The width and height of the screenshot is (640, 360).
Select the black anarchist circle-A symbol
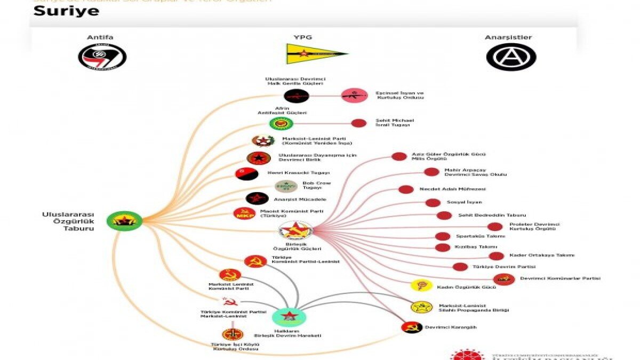pyautogui.click(x=511, y=57)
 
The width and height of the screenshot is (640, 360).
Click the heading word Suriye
pyautogui.click(x=66, y=11)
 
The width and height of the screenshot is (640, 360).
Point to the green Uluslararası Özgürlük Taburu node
pyautogui.click(x=124, y=221)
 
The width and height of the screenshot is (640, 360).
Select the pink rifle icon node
pyautogui.click(x=354, y=95)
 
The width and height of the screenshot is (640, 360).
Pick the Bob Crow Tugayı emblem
pyautogui.click(x=286, y=186)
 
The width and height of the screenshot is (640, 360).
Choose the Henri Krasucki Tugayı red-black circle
pyautogui.click(x=247, y=174)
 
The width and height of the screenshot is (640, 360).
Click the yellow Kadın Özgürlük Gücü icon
pyautogui.click(x=421, y=285)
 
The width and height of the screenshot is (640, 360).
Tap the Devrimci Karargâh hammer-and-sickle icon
pyautogui.click(x=412, y=327)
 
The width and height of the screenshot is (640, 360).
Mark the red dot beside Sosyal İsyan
pyautogui.click(x=433, y=203)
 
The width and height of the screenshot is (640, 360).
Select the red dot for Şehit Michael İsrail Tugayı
pyautogui.click(x=358, y=123)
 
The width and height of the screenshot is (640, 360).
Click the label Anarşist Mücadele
pyautogui.click(x=299, y=199)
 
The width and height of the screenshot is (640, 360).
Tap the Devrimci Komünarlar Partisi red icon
pyautogui.click(x=504, y=279)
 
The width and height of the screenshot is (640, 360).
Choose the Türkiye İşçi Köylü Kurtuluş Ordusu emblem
pyautogui.click(x=233, y=334)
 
